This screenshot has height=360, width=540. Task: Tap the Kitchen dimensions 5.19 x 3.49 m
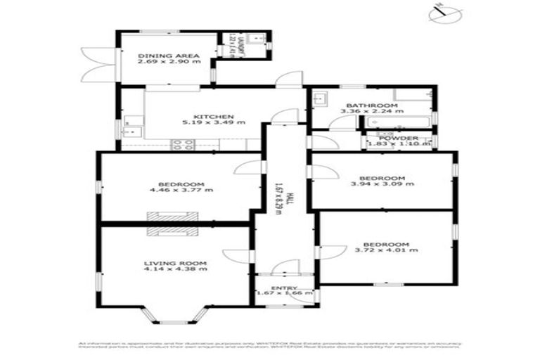click(214, 123)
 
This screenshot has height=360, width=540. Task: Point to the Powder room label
click(399, 138)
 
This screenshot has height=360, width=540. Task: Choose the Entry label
click(284, 288)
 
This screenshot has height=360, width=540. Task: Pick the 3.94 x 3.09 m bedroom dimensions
click(382, 184)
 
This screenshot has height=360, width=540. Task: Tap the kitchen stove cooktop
click(184, 145)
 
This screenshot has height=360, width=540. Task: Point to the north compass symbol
click(440, 12)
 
